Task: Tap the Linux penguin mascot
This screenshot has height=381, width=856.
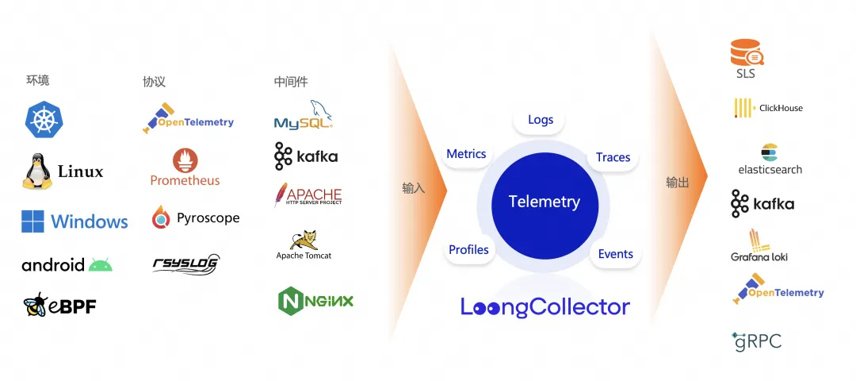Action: pos(36,170)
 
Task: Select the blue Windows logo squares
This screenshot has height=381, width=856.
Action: pos(32,221)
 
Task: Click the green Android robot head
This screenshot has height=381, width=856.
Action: pos(101,264)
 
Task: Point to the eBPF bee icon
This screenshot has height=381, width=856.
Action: pos(36,305)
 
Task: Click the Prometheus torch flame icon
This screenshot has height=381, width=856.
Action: pos(185,161)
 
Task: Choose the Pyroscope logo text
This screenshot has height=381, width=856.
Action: pos(208,218)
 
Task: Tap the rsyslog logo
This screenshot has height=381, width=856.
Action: pos(185,264)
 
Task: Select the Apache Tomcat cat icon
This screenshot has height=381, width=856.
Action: pos(304,240)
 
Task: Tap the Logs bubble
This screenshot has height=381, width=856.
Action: pos(541,120)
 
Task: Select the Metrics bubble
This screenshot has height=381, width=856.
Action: pos(466,154)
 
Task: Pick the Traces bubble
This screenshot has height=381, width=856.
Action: pos(613,157)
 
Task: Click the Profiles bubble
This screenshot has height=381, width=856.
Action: pos(468,250)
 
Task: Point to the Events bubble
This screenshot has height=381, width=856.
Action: pos(615,254)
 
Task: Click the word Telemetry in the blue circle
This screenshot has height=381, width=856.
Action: pos(544,202)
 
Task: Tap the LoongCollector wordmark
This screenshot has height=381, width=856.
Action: pos(545,307)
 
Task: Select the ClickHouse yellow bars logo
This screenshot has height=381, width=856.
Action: pos(743,108)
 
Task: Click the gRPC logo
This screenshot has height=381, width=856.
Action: pos(756,341)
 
